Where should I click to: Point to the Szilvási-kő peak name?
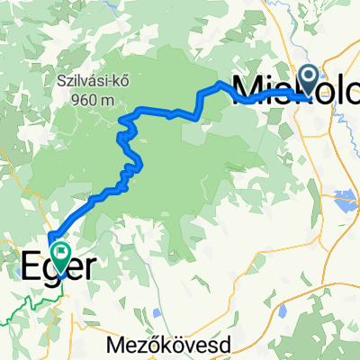pos(85,79)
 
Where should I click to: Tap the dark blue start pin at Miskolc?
pos(310,79)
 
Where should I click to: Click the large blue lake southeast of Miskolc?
pos(346,196)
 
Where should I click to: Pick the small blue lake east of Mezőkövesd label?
pos(281,314)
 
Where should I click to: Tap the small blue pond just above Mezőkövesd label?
pos(158,314)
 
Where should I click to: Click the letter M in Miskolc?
pos(248,86)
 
